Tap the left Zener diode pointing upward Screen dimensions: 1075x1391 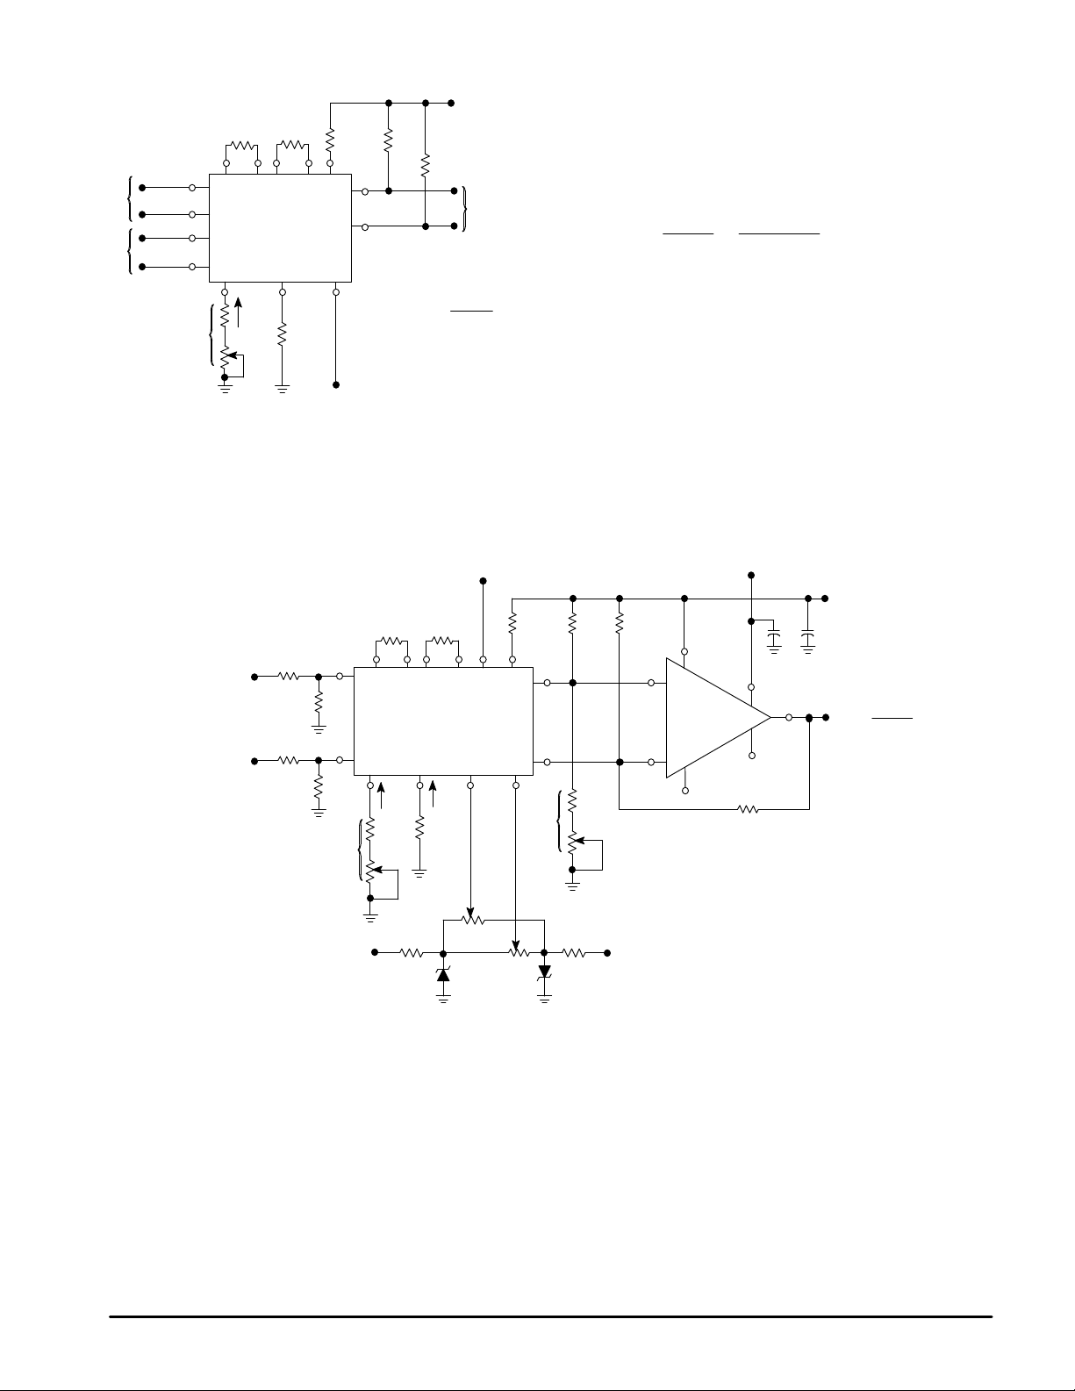point(443,973)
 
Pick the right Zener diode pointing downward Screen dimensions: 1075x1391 point(545,972)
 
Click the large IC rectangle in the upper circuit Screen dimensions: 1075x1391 point(280,227)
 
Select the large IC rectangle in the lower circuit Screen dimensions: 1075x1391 point(443,721)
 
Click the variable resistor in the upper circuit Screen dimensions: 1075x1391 point(226,358)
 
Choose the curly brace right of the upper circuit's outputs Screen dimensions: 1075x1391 point(465,209)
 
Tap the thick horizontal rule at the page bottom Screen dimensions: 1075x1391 point(550,1316)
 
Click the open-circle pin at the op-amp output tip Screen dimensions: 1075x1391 point(789,718)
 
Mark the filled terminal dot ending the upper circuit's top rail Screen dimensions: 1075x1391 point(451,103)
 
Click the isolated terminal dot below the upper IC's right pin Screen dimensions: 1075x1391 point(336,385)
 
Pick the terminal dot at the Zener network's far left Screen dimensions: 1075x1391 point(376,952)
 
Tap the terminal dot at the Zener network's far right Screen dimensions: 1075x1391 point(607,952)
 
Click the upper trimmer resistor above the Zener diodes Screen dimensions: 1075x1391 point(473,921)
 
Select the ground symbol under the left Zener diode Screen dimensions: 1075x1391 point(443,997)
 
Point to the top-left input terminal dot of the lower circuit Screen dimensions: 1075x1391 point(254,677)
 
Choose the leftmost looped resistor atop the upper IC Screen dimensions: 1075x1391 point(241,146)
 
